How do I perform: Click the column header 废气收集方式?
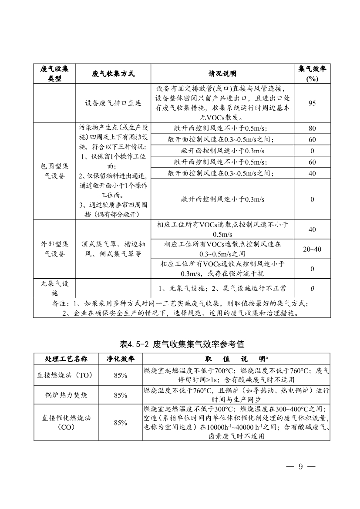(113, 74)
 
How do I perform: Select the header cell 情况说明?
(222, 74)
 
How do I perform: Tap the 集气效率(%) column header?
(312, 74)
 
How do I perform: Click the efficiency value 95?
(312, 103)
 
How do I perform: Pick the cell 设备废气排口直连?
(113, 103)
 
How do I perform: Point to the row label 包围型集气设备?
(54, 171)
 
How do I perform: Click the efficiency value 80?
(312, 128)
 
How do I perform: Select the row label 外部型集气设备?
(54, 249)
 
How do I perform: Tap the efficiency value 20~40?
(312, 249)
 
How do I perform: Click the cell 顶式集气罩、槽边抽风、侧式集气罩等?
(113, 249)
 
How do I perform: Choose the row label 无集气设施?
(54, 288)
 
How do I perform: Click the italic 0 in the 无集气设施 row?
(312, 288)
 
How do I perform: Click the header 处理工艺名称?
(67, 359)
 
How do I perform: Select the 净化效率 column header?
(121, 359)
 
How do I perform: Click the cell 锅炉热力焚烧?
(67, 395)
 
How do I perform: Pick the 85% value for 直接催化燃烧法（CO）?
(121, 422)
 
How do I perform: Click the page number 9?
(300, 467)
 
